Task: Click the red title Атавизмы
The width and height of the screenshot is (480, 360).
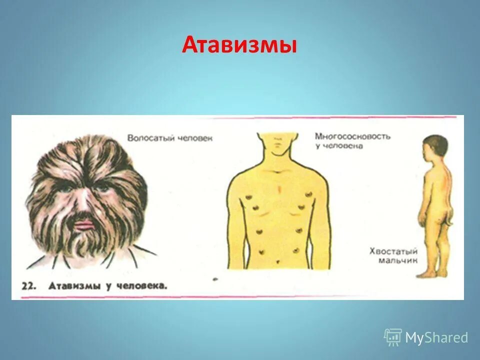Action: (x=239, y=45)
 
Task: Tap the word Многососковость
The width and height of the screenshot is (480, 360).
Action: (x=352, y=136)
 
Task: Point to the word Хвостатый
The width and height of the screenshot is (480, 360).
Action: (x=393, y=251)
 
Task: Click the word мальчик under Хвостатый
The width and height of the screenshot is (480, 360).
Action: (x=398, y=260)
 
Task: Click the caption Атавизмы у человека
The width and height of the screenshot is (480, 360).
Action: (x=107, y=286)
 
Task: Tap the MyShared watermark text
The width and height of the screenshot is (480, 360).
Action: (x=436, y=338)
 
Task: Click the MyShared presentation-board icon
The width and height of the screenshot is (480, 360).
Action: (x=393, y=337)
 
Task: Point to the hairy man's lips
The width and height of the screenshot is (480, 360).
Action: (x=84, y=223)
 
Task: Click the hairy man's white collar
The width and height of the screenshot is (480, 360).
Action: (x=130, y=257)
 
